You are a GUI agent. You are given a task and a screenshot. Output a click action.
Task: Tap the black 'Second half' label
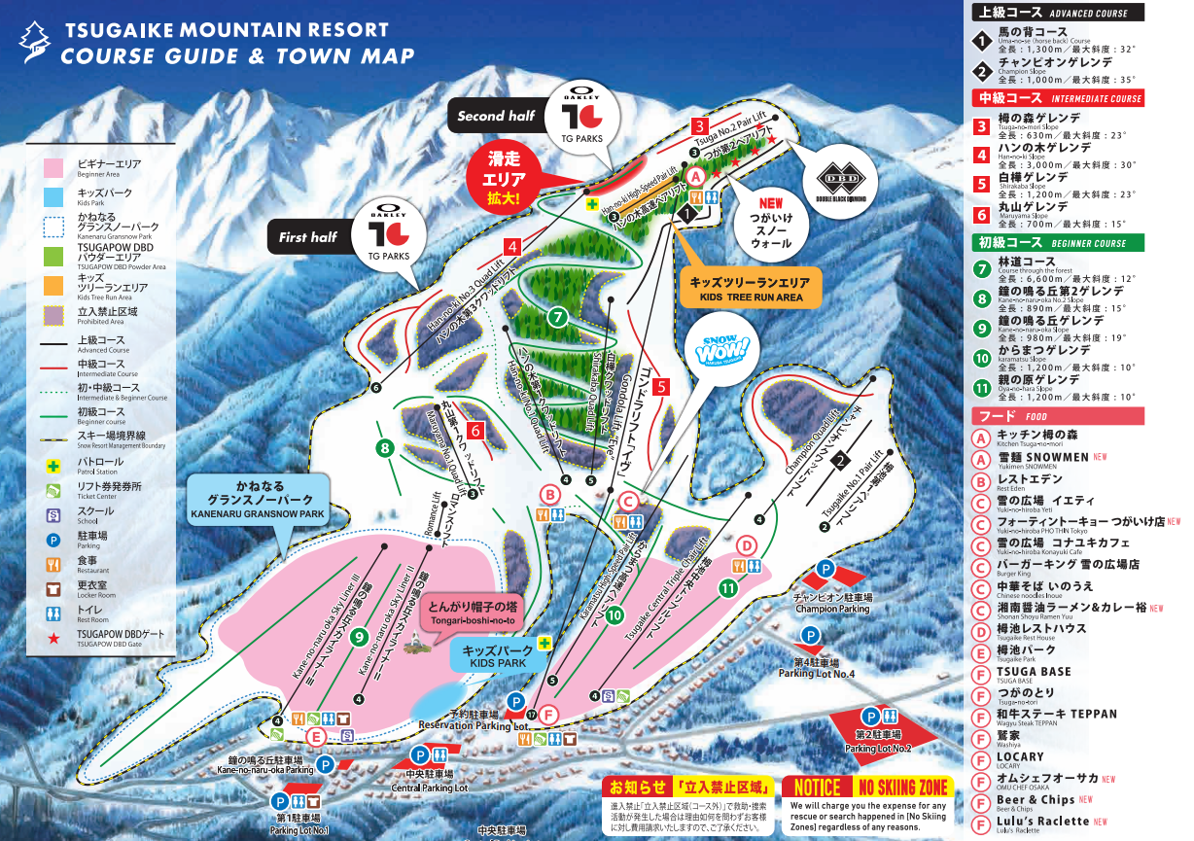click(496, 116)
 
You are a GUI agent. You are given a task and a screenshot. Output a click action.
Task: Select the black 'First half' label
click(307, 236)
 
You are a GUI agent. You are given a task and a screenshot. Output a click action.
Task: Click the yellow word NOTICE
click(817, 788)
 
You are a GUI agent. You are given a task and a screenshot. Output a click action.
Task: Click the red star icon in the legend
click(53, 635)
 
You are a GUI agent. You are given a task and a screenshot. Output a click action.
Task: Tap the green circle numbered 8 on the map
click(385, 448)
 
